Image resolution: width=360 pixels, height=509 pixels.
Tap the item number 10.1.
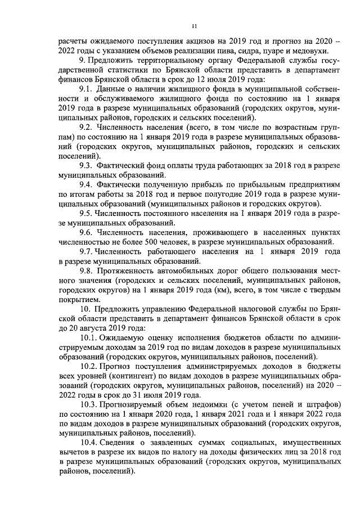coord(88,338)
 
